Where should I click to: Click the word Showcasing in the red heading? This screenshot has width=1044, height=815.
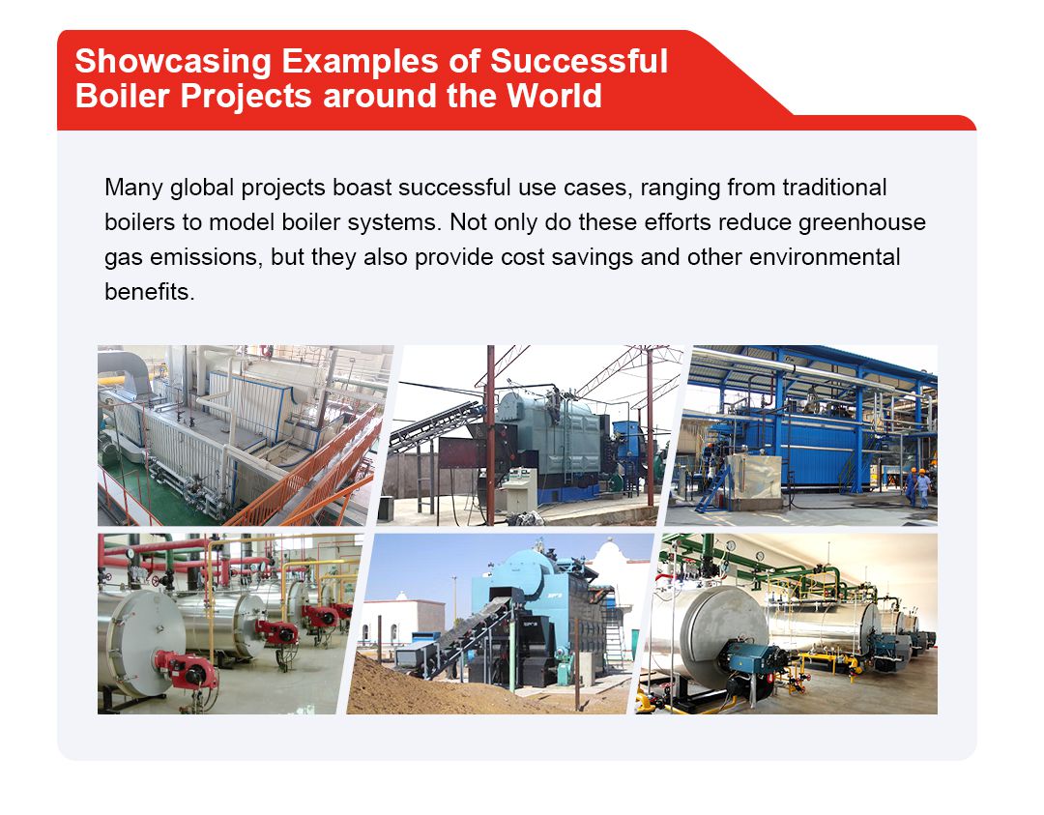[x=171, y=62]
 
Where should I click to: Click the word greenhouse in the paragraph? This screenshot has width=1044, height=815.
[x=862, y=222]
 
